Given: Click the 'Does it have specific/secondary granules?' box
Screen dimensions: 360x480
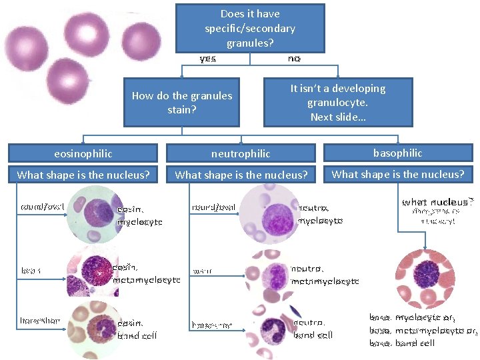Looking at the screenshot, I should point(250,28).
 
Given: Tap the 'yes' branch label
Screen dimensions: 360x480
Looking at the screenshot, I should point(208,59).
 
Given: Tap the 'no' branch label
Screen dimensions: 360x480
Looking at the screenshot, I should point(294,59).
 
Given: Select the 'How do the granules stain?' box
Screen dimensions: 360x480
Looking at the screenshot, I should point(181,102).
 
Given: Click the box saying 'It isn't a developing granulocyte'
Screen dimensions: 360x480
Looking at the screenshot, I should point(337,102).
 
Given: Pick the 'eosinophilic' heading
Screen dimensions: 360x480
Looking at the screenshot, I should point(83,153).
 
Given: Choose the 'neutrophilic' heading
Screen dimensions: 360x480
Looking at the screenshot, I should point(241,153).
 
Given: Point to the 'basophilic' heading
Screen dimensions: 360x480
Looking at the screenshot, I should point(397,153).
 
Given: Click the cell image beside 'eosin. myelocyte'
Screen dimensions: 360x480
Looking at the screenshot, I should point(93,214).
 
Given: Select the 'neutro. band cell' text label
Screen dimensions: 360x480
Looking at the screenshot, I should point(313,329).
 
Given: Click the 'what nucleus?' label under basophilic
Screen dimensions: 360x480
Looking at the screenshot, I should point(437,201).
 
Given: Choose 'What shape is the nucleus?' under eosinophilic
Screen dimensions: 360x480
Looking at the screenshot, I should point(83,175).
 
